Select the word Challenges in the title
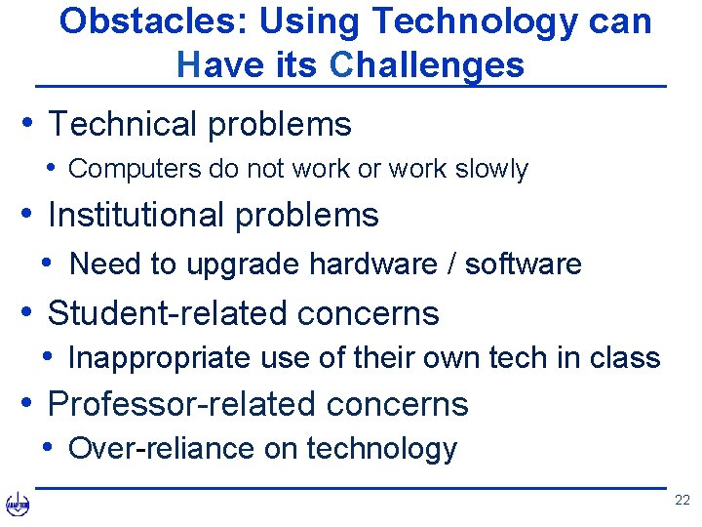(x=427, y=65)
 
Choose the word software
(x=523, y=263)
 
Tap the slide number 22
(x=682, y=501)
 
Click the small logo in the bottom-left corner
(x=18, y=505)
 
